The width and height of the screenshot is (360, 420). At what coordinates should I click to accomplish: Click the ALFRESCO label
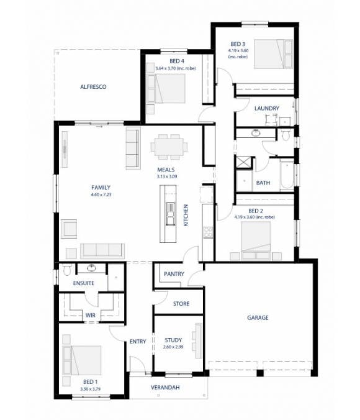(93, 88)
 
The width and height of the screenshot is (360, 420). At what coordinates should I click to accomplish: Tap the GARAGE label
(258, 317)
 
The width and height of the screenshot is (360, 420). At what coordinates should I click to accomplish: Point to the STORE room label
(181, 304)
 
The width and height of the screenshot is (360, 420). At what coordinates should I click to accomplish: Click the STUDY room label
(173, 340)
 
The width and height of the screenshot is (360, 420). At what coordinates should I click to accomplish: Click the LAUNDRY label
(266, 108)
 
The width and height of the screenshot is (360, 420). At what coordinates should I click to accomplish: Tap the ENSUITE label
(83, 283)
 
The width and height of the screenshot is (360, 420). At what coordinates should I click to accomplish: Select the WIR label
(91, 315)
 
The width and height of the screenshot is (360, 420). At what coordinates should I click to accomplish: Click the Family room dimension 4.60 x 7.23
(101, 194)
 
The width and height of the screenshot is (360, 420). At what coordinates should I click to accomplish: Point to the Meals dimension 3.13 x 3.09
(166, 176)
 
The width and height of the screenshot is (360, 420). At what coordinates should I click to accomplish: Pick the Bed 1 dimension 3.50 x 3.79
(91, 389)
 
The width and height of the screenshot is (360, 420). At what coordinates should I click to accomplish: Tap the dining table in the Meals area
(169, 147)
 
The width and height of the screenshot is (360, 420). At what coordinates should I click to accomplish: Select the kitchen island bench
(168, 215)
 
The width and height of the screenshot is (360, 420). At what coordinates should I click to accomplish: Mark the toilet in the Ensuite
(66, 270)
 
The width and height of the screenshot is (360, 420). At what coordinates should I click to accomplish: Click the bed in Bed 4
(166, 88)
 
